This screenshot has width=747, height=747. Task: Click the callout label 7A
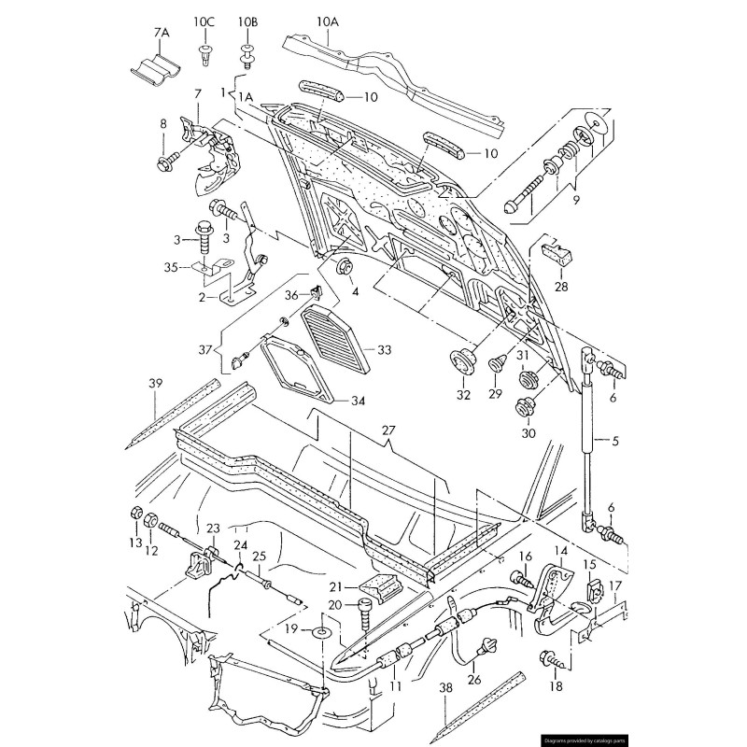[x=161, y=33]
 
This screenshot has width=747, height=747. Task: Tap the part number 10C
[x=204, y=21]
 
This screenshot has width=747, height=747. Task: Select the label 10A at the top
[x=328, y=21]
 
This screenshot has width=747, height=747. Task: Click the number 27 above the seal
[x=388, y=431]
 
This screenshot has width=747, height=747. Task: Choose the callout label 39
[x=156, y=384]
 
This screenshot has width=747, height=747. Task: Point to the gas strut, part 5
[x=588, y=439]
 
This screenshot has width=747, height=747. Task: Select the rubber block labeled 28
[x=556, y=252]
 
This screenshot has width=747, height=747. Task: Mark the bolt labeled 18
[x=550, y=661]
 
